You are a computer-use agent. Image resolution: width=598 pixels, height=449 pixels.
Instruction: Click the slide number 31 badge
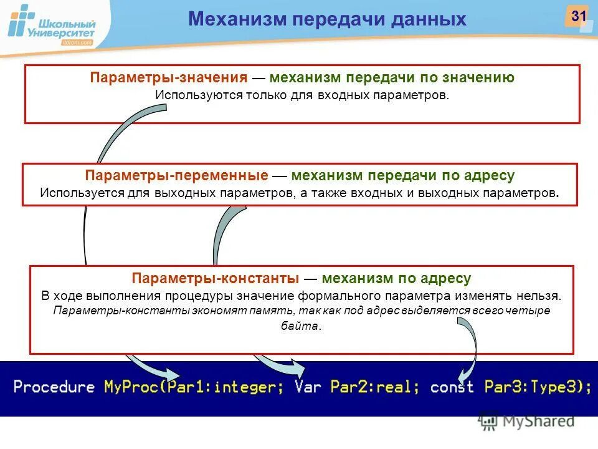click(x=578, y=16)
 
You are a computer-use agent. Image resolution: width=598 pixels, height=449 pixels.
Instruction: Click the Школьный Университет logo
click(x=52, y=26)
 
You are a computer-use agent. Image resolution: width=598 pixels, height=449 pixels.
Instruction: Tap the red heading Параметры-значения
click(x=169, y=78)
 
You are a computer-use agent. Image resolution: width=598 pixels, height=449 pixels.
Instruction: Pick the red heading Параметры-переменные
click(x=177, y=176)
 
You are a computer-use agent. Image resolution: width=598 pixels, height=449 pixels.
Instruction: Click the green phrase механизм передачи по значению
click(x=392, y=78)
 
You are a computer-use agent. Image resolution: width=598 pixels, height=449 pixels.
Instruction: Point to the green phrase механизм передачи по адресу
click(x=402, y=176)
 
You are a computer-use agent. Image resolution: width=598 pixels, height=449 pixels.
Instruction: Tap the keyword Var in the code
click(x=308, y=387)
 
